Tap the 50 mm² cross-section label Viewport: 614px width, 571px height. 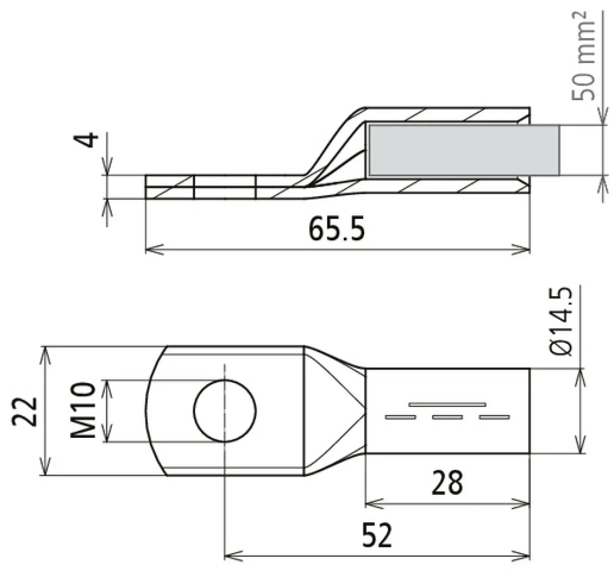point(583,57)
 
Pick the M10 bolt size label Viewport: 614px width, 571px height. point(83,410)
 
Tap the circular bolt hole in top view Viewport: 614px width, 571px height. point(225,411)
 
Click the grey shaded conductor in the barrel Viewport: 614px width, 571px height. point(463,150)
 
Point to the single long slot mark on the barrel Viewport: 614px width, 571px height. point(447,404)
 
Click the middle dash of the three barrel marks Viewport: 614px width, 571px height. point(448,418)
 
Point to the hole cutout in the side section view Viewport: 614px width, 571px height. point(224,187)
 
